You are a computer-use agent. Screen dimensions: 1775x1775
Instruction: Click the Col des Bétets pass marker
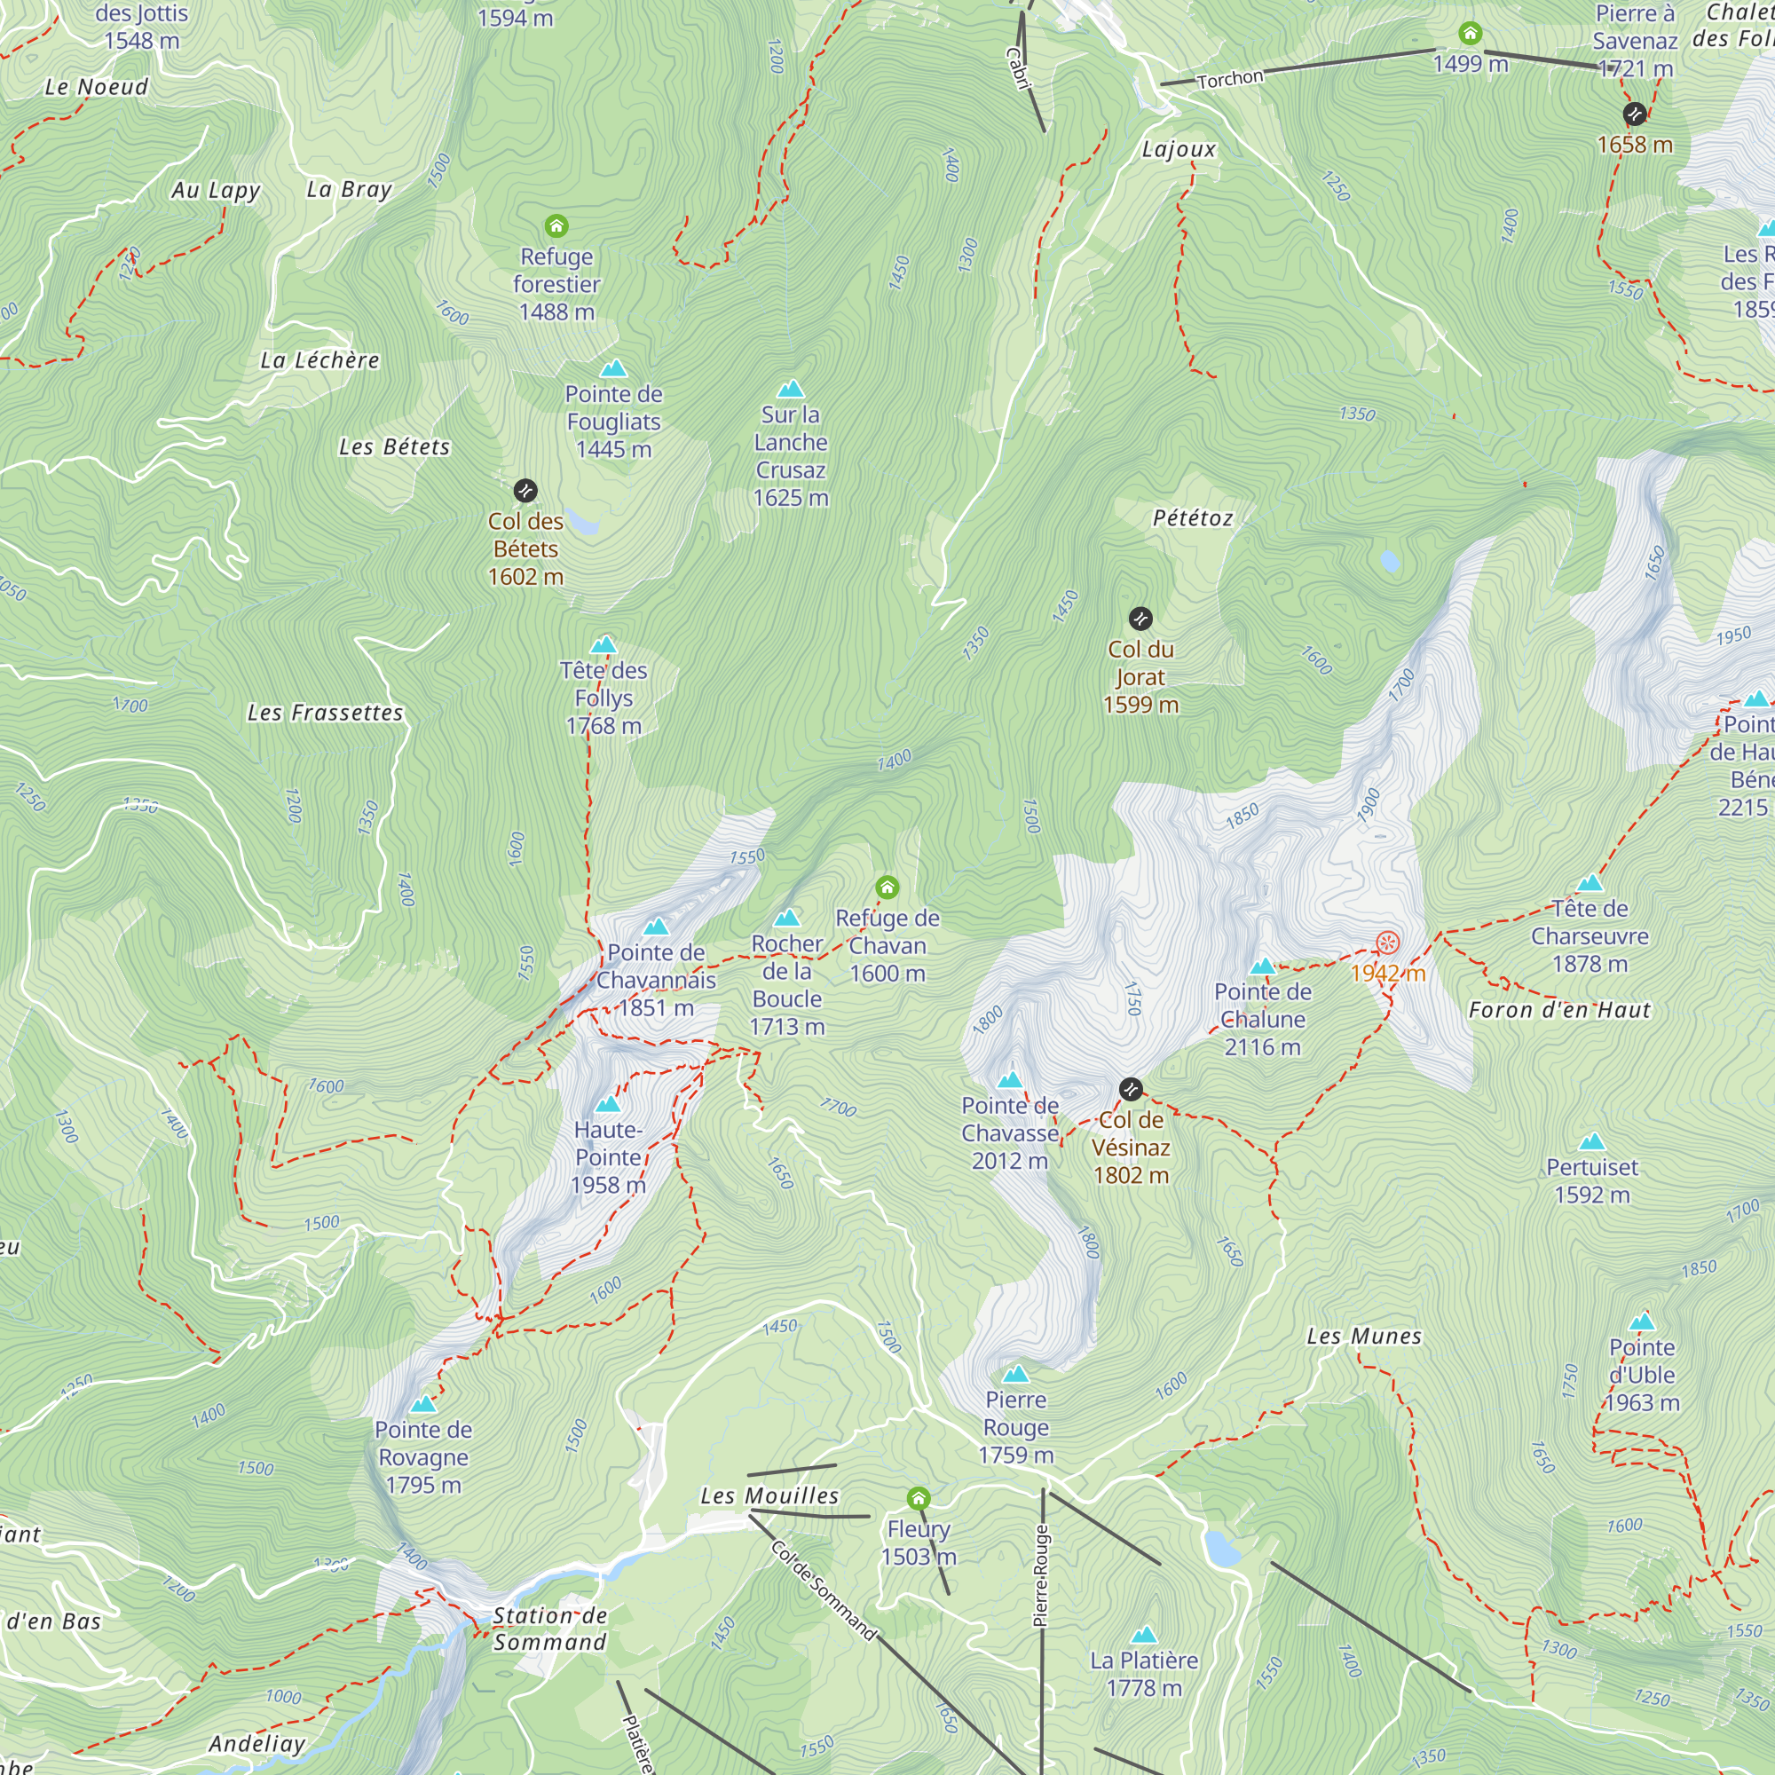(525, 491)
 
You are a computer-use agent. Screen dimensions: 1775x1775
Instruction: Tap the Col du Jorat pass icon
(1140, 619)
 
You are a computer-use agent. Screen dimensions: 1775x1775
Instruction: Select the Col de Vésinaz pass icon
(1131, 1090)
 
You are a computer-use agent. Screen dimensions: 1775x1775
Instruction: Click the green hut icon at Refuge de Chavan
(887, 887)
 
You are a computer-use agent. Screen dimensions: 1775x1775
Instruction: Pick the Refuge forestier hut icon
(556, 226)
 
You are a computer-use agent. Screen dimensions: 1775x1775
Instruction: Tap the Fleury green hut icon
(918, 1499)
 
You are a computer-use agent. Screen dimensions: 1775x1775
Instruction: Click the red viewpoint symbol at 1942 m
(1387, 943)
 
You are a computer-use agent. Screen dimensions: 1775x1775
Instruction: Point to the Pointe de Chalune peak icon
(1263, 966)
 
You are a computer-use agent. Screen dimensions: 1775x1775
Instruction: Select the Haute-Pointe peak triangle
(607, 1104)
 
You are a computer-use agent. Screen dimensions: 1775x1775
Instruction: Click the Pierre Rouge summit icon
(1015, 1375)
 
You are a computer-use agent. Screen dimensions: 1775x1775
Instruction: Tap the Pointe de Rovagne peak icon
(422, 1405)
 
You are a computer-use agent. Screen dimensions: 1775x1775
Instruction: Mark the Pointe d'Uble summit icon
(1642, 1322)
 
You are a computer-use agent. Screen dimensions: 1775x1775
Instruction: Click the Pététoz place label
(1193, 518)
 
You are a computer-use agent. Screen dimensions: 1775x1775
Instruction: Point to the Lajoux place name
(1179, 149)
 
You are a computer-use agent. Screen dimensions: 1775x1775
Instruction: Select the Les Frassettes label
(325, 713)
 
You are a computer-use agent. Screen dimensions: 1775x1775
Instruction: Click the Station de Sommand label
(549, 1629)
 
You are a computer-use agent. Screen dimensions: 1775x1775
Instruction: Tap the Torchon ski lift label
(1229, 79)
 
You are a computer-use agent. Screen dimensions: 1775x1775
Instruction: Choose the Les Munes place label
(1364, 1337)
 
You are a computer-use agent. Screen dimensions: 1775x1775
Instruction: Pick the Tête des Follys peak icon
(603, 645)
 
